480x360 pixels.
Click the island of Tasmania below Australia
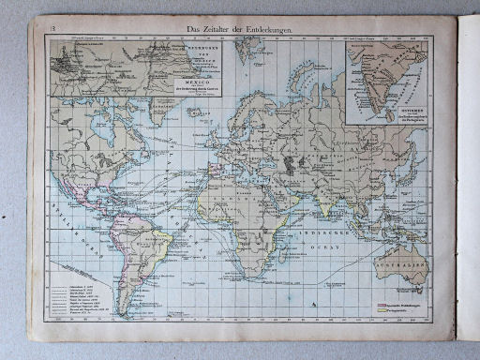(412, 290)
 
